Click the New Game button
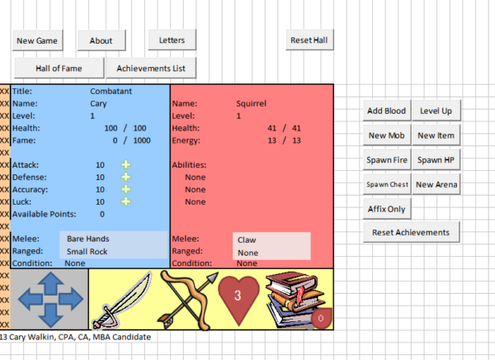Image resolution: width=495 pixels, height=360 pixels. click(36, 40)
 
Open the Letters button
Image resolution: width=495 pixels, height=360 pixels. click(172, 40)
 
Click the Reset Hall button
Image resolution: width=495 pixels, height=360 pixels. click(311, 40)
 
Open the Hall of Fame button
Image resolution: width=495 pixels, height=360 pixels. click(59, 68)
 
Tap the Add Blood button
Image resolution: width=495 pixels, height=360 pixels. click(386, 111)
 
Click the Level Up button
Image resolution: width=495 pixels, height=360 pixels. click(436, 111)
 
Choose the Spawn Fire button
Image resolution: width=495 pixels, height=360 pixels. click(386, 159)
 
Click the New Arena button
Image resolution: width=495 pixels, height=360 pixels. click(436, 184)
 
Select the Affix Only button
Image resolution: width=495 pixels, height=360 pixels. click(386, 209)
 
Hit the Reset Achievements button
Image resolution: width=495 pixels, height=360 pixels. click(411, 233)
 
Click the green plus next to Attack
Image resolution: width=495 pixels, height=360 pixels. click(125, 165)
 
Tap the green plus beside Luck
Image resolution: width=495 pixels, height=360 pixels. click(125, 201)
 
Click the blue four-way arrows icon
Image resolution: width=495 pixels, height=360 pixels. click(49, 299)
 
